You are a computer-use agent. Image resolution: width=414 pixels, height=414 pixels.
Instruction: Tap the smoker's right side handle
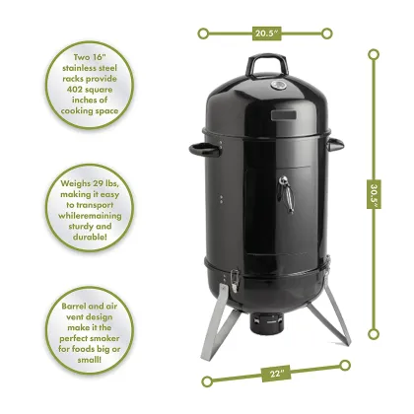335,146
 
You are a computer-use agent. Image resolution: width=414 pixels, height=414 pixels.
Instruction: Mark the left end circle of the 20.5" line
203,34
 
